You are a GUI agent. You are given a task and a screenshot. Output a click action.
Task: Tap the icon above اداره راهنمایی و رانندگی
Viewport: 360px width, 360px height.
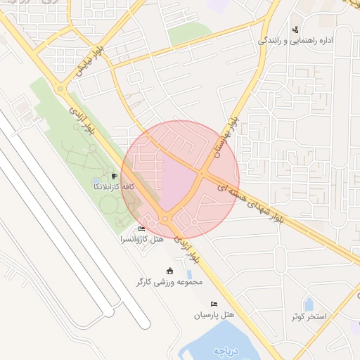295,29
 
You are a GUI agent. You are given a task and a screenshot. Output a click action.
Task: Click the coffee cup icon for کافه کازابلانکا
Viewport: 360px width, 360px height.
113,176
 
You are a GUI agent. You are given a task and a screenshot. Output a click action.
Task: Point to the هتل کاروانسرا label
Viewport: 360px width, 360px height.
142,240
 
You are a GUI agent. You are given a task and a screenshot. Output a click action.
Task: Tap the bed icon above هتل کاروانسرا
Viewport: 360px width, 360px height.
141,229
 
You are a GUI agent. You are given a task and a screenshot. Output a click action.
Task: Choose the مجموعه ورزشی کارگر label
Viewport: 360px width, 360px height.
169,282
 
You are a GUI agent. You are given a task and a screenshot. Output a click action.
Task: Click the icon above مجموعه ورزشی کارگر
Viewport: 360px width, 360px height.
169,271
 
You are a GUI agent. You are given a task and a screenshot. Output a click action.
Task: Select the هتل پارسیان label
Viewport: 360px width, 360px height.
214,315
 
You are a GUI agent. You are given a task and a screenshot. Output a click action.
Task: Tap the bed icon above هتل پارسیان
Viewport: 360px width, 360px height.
214,304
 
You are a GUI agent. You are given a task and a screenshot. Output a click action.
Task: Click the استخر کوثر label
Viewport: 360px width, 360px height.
309,316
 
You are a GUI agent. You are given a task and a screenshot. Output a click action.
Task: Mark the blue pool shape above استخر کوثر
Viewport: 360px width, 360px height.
308,304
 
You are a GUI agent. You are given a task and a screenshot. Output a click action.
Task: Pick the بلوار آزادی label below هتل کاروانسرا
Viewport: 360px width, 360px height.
186,248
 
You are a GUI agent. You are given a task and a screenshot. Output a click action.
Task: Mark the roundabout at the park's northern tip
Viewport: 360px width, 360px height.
60,88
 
